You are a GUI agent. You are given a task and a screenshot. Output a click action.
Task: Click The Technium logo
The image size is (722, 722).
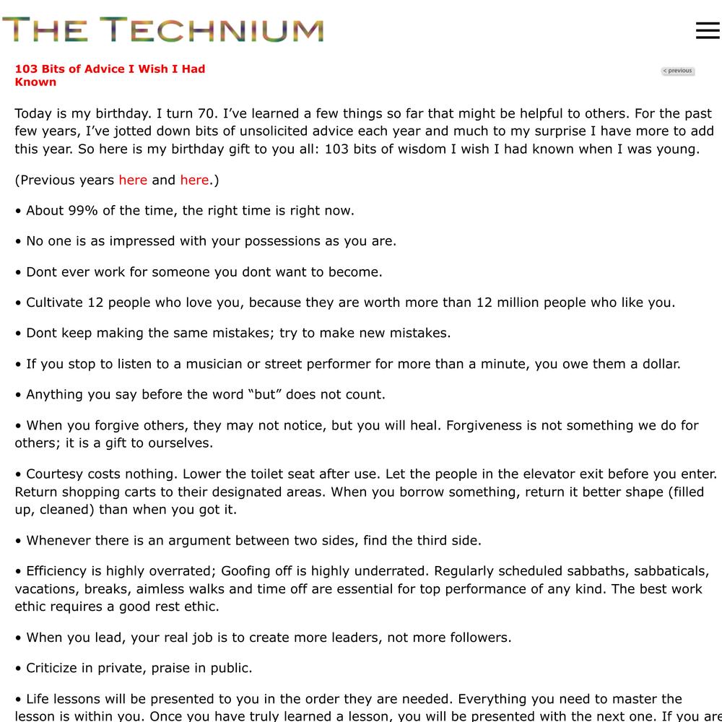tap(162, 30)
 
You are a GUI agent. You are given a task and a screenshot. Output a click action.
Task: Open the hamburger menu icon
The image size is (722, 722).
tap(708, 30)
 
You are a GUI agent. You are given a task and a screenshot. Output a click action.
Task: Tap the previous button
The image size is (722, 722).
tap(677, 71)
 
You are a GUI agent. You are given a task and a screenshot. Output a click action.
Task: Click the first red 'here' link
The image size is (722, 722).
tap(133, 180)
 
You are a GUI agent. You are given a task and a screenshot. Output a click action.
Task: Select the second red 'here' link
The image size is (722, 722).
tap(194, 180)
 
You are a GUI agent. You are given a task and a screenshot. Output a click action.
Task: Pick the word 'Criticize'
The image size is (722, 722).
tap(56, 668)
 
